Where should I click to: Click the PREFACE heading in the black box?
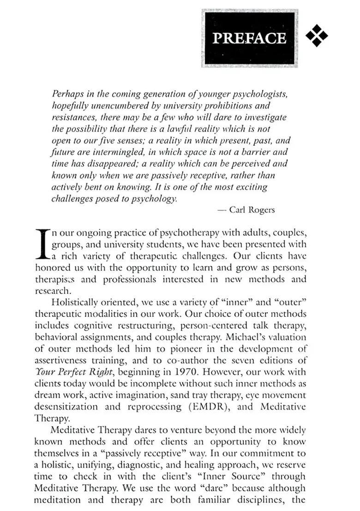coord(249,38)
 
